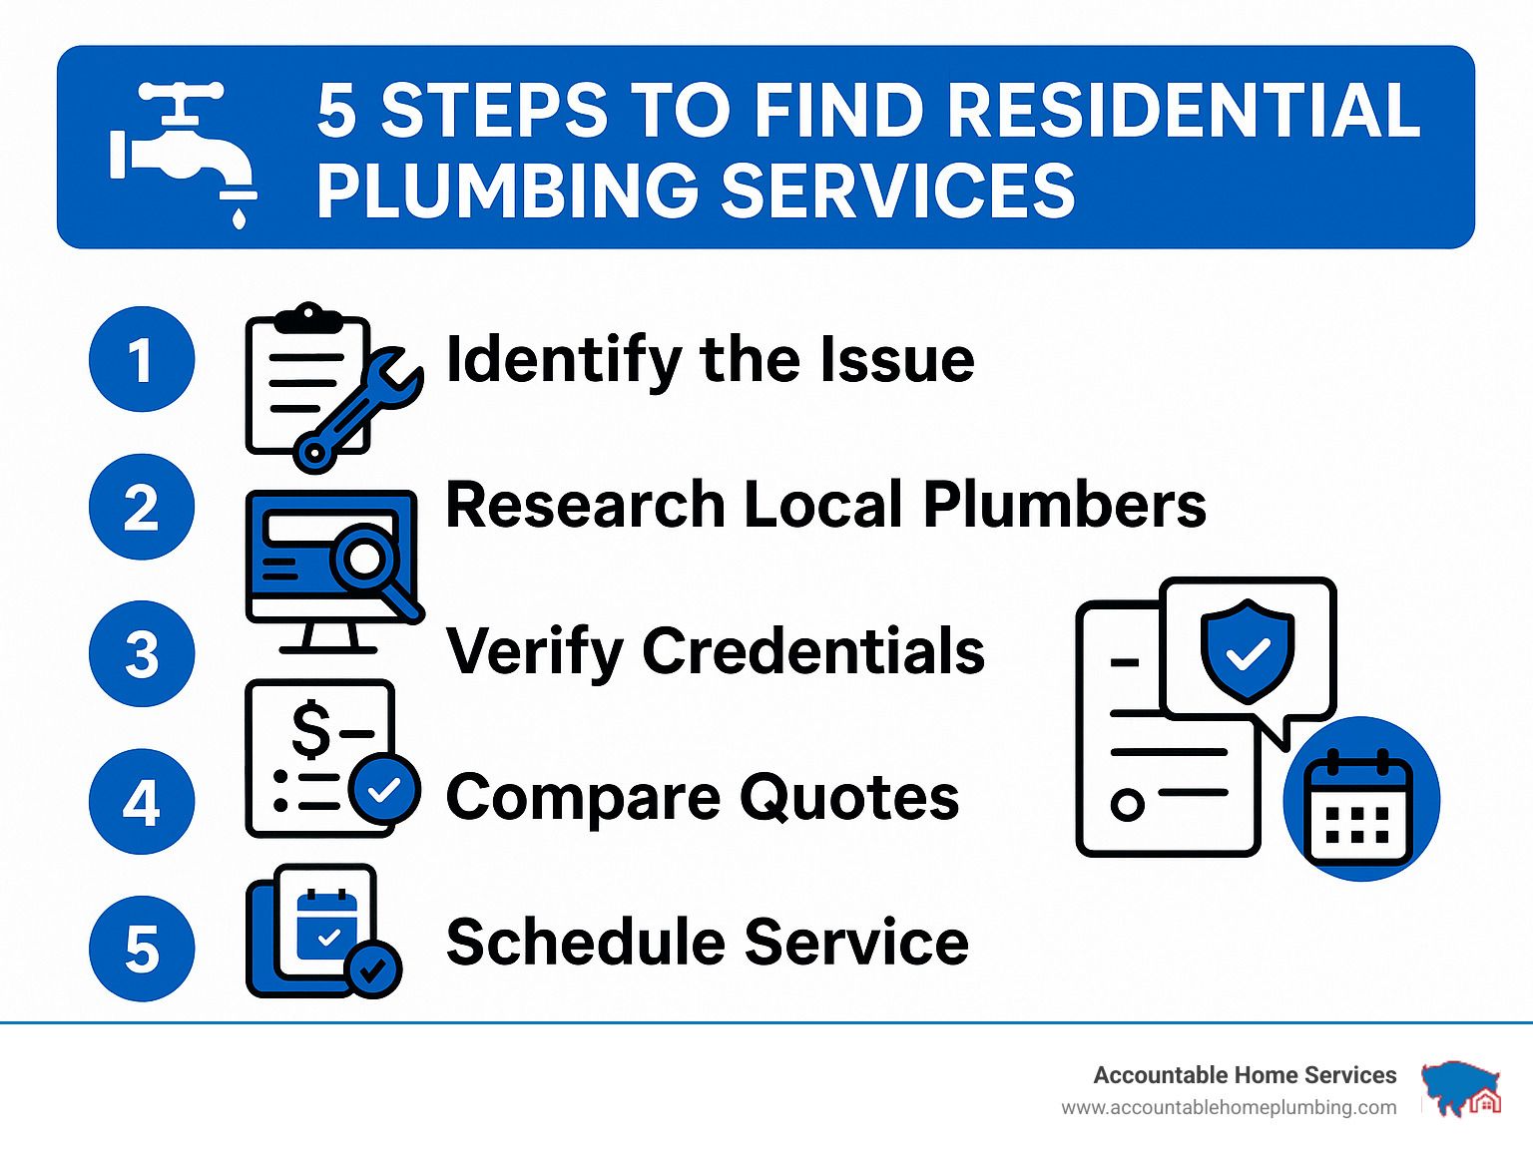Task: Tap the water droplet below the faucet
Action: click(239, 217)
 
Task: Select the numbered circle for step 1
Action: click(142, 359)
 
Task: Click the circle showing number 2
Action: click(142, 507)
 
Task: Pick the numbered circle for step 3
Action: click(142, 654)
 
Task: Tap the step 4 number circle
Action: click(142, 801)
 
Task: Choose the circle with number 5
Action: click(142, 949)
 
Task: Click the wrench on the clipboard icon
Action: click(356, 412)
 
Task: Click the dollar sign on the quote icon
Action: click(310, 729)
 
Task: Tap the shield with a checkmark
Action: click(1248, 650)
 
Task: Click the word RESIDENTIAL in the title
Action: click(1183, 112)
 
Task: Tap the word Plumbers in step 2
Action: click(1064, 505)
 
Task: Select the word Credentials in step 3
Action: click(813, 651)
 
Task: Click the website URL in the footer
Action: click(1229, 1108)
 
